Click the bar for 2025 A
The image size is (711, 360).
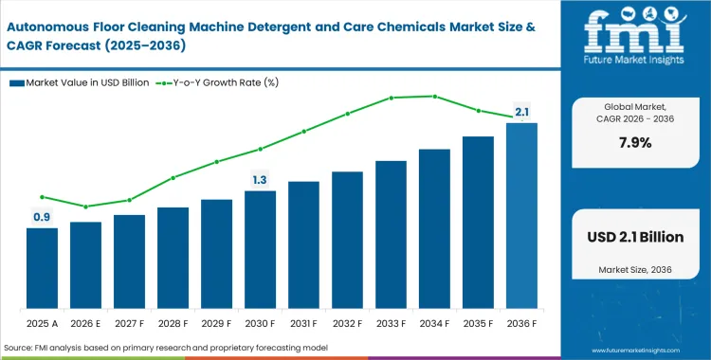[42, 269]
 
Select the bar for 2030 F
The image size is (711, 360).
[260, 250]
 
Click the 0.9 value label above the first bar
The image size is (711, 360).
[42, 217]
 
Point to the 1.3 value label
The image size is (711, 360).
[260, 179]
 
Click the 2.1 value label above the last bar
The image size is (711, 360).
[521, 113]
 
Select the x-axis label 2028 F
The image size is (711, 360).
[173, 324]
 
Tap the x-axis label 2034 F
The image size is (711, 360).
[434, 324]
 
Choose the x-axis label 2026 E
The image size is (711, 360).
[85, 324]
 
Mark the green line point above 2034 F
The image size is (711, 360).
[434, 96]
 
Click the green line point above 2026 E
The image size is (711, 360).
[85, 207]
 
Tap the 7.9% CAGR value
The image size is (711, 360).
[636, 143]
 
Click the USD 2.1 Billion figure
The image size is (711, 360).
[636, 237]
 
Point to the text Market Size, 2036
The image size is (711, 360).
[636, 271]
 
